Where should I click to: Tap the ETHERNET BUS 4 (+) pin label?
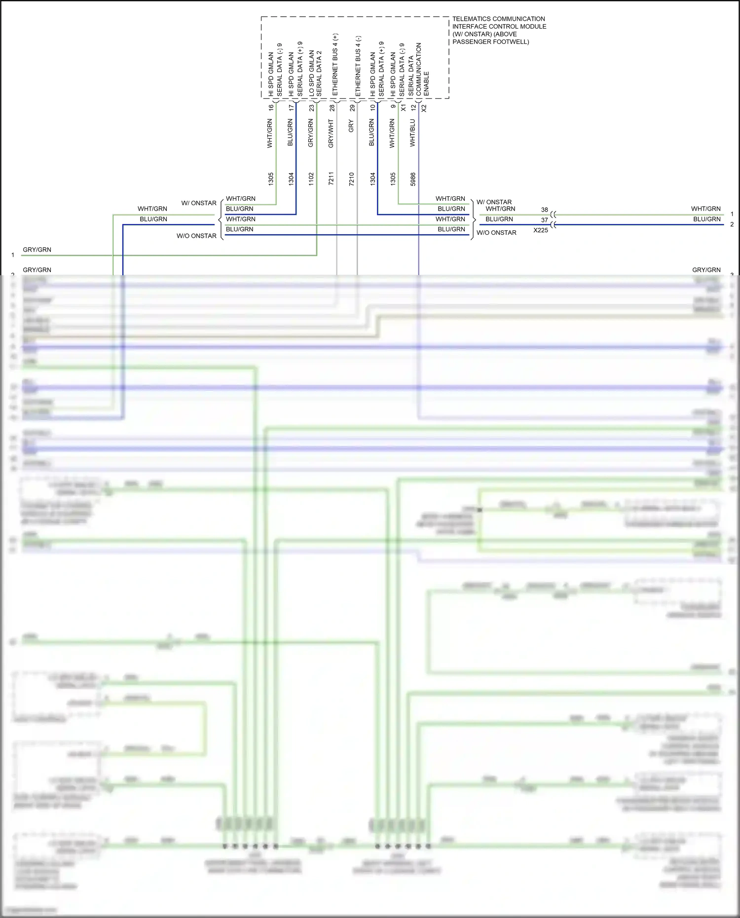335,65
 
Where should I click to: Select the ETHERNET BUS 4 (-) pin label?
358,66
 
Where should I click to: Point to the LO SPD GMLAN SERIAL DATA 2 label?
315,73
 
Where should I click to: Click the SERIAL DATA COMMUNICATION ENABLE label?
418,69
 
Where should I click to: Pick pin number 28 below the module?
332,108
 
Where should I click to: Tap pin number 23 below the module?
311,108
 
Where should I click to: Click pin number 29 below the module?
352,108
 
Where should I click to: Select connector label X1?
404,108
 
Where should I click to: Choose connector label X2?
424,108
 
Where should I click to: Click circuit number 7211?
331,179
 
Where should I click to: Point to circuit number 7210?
351,179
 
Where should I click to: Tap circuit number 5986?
413,179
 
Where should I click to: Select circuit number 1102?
311,179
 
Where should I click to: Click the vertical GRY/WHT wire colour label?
331,133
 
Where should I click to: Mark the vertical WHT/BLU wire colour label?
412,133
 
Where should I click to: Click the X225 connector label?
541,230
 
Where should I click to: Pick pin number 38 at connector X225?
544,210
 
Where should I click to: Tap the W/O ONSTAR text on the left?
196,236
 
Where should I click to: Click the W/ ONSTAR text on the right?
494,202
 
